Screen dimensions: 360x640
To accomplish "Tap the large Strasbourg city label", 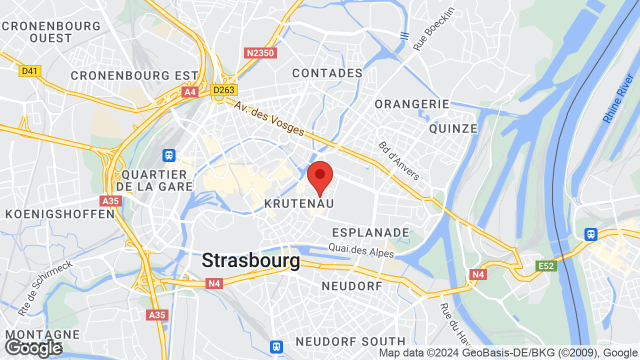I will [x=250, y=260].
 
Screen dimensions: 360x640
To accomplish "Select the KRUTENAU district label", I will [x=299, y=203].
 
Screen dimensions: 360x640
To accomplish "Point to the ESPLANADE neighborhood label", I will [x=370, y=232].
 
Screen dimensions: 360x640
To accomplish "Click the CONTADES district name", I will [x=327, y=73].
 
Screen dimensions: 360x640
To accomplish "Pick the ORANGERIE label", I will [x=412, y=104].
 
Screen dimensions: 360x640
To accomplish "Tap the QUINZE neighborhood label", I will [x=453, y=128].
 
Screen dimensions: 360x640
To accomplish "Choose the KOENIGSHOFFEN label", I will [x=60, y=214].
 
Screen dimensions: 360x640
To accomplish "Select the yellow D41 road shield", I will [x=30, y=71].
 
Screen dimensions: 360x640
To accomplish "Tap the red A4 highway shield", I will [x=190, y=92].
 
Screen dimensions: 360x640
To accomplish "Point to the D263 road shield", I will [x=223, y=90].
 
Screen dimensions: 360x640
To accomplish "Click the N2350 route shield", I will [x=260, y=52].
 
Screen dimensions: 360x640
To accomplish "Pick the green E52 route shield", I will [x=545, y=266].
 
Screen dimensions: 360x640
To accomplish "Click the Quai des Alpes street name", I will [x=361, y=250].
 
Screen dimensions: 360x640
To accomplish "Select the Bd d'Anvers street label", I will [x=399, y=160].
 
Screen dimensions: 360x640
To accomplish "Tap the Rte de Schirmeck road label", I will [x=45, y=287].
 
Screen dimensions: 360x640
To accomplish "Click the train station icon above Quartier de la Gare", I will [x=169, y=155].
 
